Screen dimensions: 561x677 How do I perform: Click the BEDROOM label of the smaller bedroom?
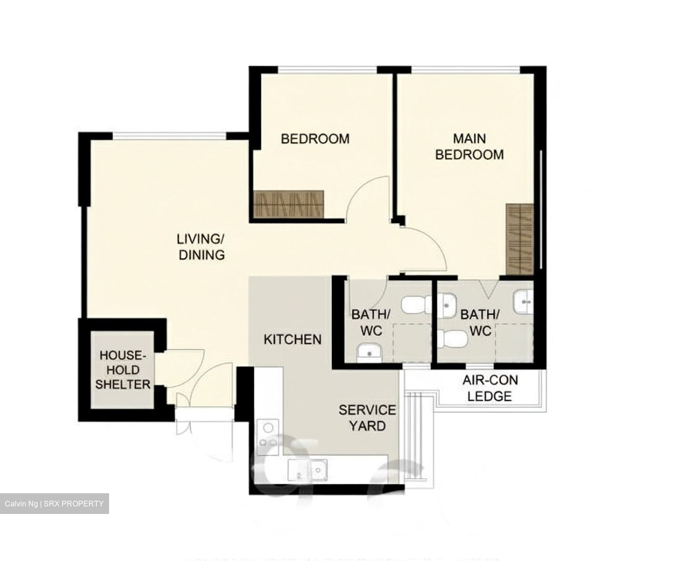tap(315, 139)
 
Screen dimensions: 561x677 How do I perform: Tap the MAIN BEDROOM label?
tap(469, 146)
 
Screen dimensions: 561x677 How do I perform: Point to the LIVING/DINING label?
tap(201, 247)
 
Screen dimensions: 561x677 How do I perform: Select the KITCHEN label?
tap(292, 339)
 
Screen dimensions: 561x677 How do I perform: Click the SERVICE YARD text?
tap(367, 418)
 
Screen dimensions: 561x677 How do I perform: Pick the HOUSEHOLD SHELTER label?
tap(123, 370)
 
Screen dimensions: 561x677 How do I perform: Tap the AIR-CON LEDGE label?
tap(490, 388)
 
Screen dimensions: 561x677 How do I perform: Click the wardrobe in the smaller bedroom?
tap(288, 204)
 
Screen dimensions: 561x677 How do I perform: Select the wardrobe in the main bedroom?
tap(520, 240)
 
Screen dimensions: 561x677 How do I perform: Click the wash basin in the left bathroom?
tap(370, 352)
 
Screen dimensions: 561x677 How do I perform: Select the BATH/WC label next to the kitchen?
tap(371, 322)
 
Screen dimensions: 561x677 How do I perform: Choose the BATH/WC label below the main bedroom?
tap(480, 322)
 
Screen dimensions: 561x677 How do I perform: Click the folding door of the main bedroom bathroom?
tap(489, 288)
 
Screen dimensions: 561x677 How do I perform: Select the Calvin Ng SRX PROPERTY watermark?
tap(54, 504)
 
